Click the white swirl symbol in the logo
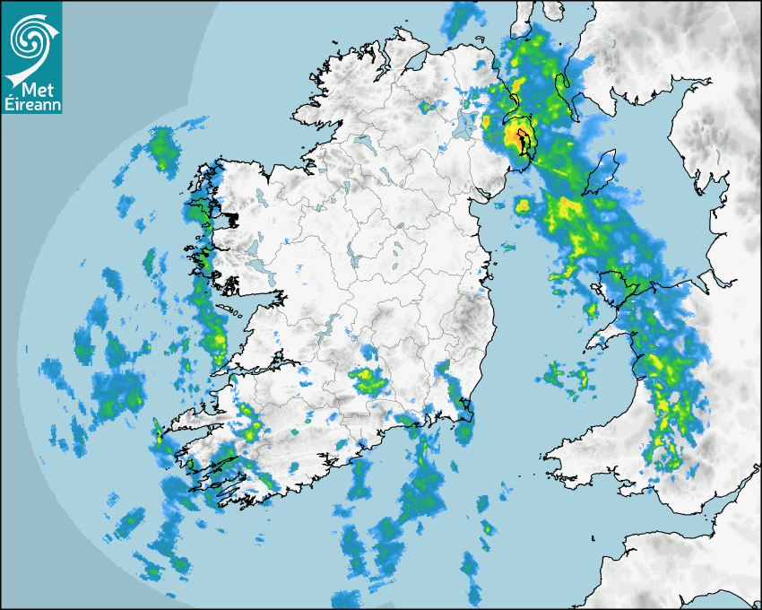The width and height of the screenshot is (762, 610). (x=31, y=37)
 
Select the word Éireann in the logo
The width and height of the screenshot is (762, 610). (x=32, y=105)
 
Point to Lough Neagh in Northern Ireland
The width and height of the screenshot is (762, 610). (x=463, y=123)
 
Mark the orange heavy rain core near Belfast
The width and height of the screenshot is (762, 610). (x=515, y=135)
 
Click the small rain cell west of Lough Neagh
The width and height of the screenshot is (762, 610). (x=428, y=108)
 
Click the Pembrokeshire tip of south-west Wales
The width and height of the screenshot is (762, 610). (x=556, y=462)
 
